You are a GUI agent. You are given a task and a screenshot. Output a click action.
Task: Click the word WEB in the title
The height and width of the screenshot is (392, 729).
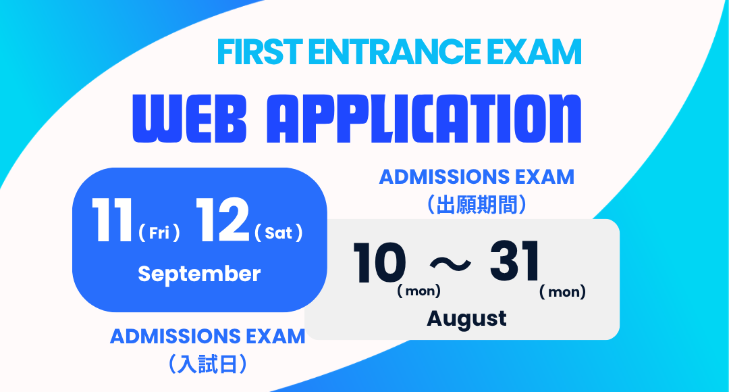[189, 119]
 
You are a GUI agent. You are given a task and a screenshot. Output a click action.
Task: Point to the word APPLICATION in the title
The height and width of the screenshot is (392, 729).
[423, 119]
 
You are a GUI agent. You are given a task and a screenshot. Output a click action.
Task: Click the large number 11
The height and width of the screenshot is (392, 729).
[112, 220]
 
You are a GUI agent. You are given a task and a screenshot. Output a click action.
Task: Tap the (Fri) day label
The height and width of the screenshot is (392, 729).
[159, 232]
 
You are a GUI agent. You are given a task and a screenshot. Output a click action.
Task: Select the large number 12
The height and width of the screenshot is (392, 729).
[222, 220]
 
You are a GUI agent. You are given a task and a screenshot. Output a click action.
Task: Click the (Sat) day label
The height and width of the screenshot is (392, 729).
[279, 232]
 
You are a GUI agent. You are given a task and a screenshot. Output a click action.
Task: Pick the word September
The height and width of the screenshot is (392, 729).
[199, 274]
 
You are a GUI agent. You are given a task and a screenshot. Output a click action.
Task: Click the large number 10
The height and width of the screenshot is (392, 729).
[379, 262]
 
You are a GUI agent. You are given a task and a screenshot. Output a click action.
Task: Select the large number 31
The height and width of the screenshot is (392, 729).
[514, 261]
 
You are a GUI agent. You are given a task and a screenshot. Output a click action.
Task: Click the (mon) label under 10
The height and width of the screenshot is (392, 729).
[419, 291]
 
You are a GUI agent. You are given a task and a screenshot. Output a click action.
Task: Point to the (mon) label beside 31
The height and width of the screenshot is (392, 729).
[562, 293]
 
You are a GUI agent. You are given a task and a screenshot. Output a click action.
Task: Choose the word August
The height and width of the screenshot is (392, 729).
[467, 320]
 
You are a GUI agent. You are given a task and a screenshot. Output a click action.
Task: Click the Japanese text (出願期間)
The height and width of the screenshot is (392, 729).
[477, 204]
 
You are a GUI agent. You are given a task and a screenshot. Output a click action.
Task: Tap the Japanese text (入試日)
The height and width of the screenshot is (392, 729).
[207, 364]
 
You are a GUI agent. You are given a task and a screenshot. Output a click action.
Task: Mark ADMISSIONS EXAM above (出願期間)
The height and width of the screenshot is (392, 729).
[477, 177]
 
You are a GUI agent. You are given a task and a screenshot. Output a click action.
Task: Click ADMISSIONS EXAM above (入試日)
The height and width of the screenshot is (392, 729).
[208, 337]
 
